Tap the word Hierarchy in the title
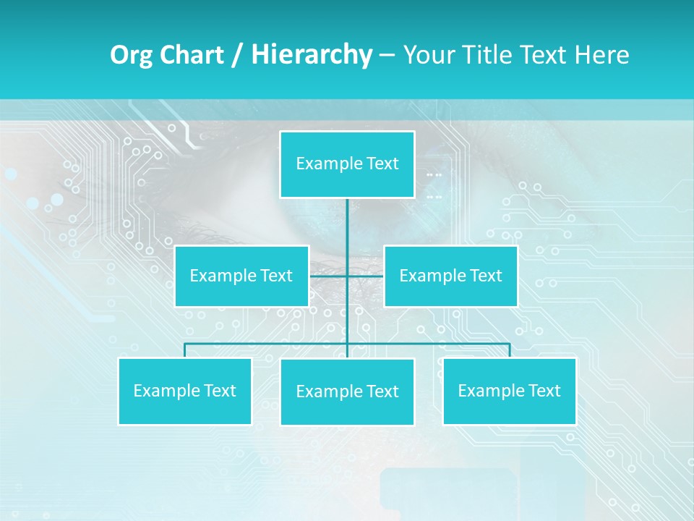pyautogui.click(x=311, y=55)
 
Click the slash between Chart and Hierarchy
pyautogui.click(x=237, y=55)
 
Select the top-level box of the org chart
pyautogui.click(x=347, y=164)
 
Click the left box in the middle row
pyautogui.click(x=241, y=276)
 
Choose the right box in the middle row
pyautogui.click(x=450, y=276)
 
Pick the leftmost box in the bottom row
pyautogui.click(x=184, y=391)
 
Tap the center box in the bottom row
pyautogui.click(x=347, y=391)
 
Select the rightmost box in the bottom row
pyautogui.click(x=509, y=391)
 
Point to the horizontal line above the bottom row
pyautogui.click(x=267, y=343)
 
